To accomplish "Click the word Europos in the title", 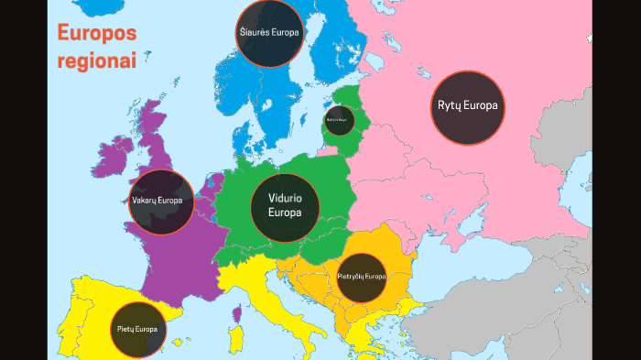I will (97, 34).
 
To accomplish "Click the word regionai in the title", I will (97, 61).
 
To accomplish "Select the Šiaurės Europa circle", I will (268, 33).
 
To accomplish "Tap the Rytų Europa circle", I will (467, 106).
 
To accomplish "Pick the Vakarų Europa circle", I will (160, 202).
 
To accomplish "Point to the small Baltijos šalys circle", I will (339, 120).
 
